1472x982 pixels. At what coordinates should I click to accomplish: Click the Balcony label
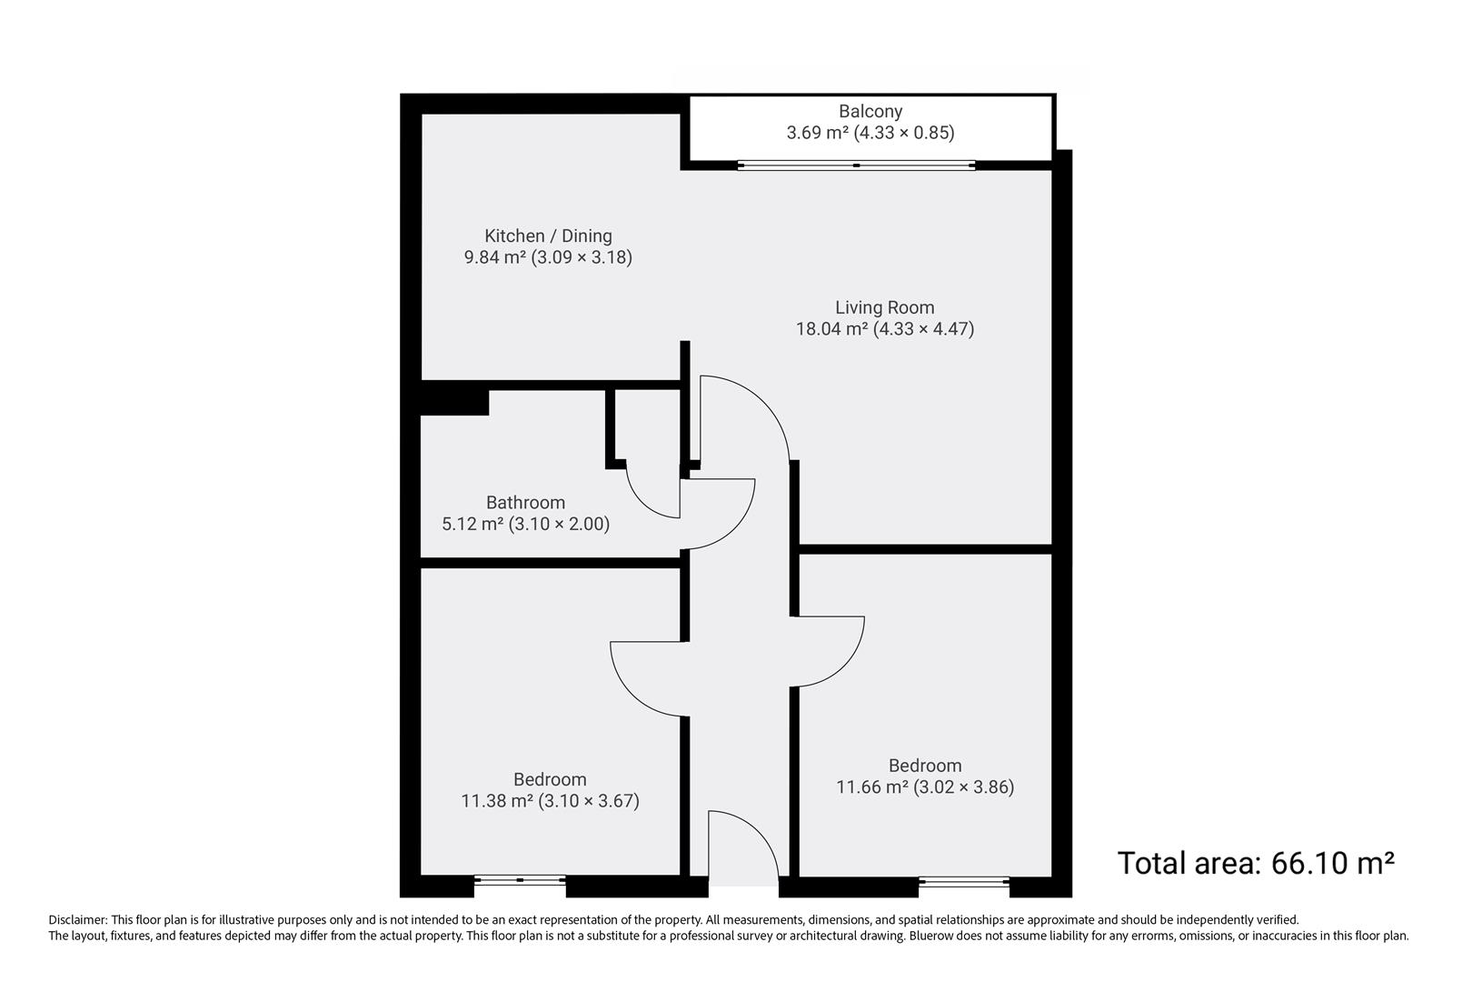tap(870, 111)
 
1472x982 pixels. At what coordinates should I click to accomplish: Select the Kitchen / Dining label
tap(548, 235)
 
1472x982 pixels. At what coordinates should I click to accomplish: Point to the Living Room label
tap(884, 307)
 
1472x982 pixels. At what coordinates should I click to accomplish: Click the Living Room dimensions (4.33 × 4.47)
tap(923, 329)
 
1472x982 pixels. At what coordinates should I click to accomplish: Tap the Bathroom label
tap(525, 502)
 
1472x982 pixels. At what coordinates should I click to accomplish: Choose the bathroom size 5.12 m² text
tap(472, 524)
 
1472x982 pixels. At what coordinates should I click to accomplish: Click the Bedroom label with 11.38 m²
tap(550, 779)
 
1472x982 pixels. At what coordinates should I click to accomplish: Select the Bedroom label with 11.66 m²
tap(925, 766)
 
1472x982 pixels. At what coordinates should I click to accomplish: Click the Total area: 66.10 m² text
tap(1255, 863)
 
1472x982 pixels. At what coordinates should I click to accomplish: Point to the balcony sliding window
tap(856, 165)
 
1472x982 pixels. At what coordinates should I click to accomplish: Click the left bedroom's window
tap(520, 879)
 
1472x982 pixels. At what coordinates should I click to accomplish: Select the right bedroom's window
tap(963, 879)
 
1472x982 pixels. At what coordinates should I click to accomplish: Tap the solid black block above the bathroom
tap(454, 402)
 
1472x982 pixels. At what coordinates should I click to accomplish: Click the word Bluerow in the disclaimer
tap(929, 936)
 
